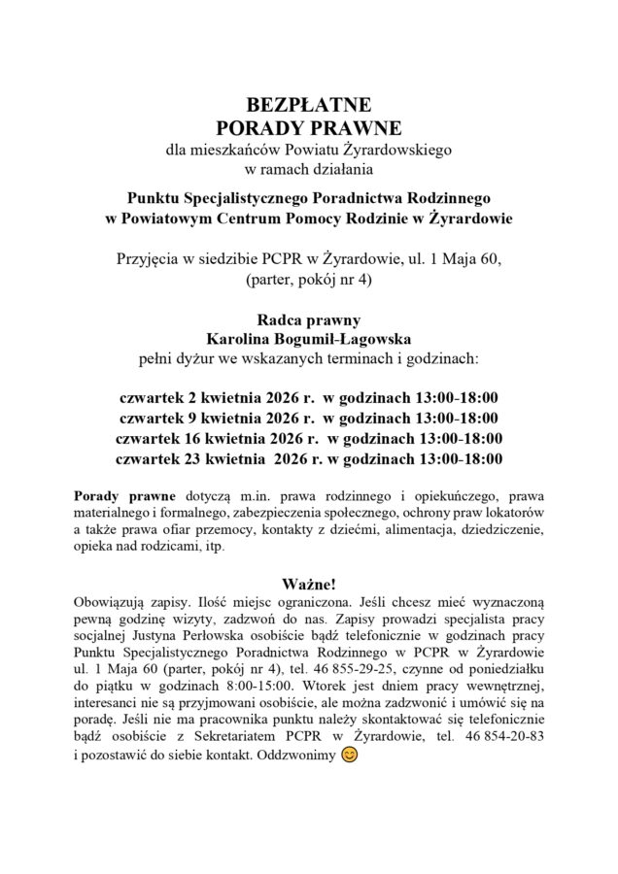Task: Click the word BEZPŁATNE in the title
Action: tap(308, 106)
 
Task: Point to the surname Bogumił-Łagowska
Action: tap(346, 338)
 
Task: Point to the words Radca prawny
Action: tap(308, 319)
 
